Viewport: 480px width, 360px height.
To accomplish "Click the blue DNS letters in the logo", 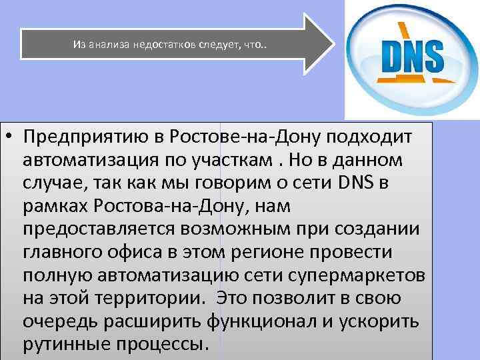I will [x=411, y=57].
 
